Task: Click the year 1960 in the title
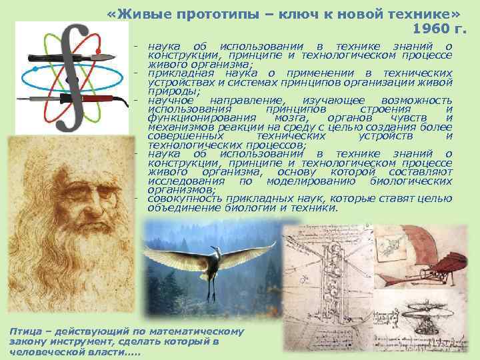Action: [x=429, y=29]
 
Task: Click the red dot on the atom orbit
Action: [x=98, y=51]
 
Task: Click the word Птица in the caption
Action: [x=24, y=331]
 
